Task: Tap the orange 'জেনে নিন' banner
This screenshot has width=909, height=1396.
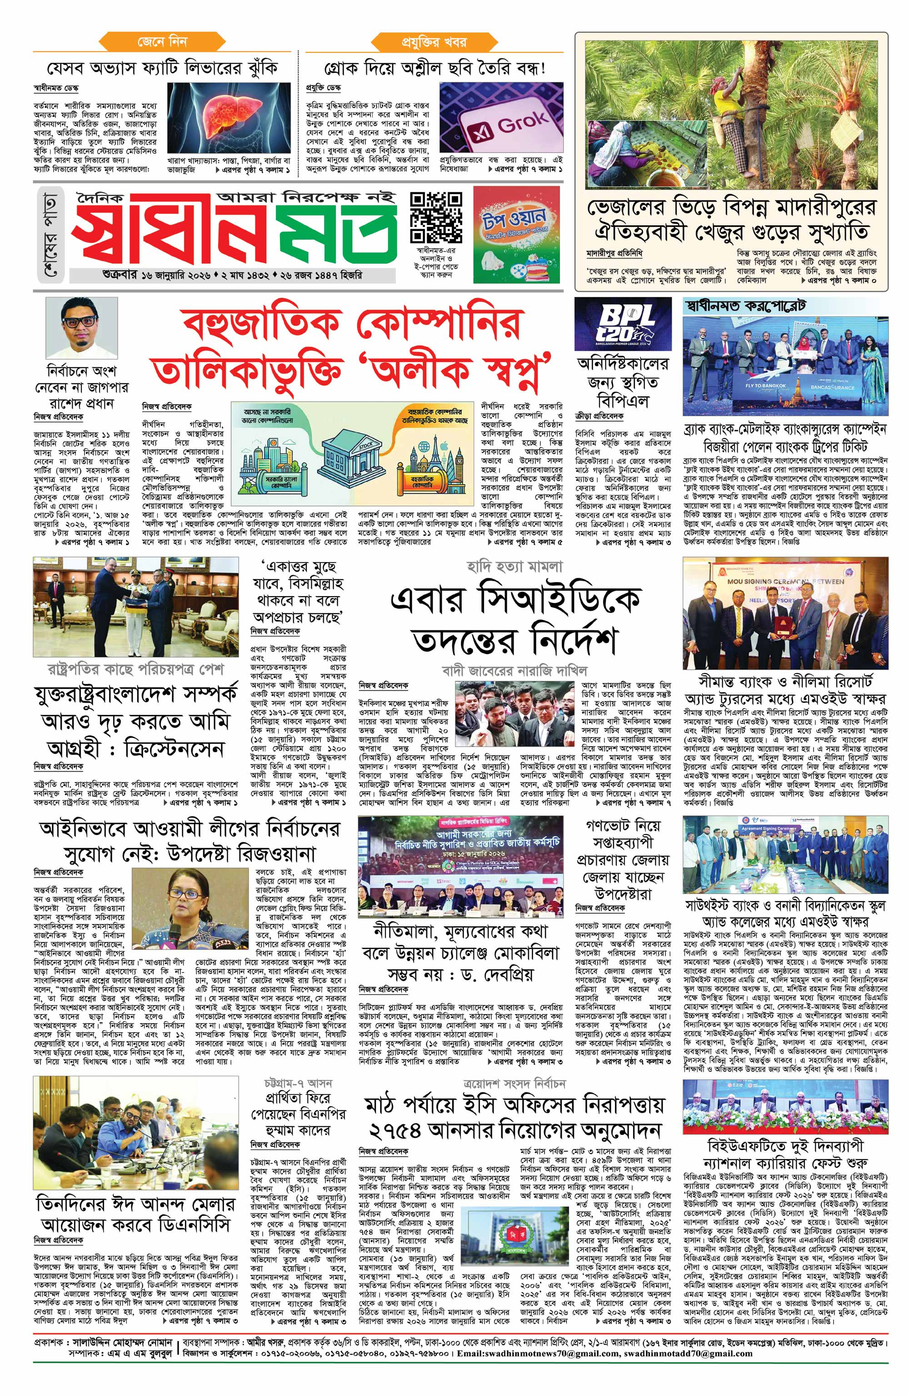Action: click(162, 43)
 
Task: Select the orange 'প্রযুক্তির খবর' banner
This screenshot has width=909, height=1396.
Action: click(434, 43)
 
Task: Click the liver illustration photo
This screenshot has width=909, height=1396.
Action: click(229, 117)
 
